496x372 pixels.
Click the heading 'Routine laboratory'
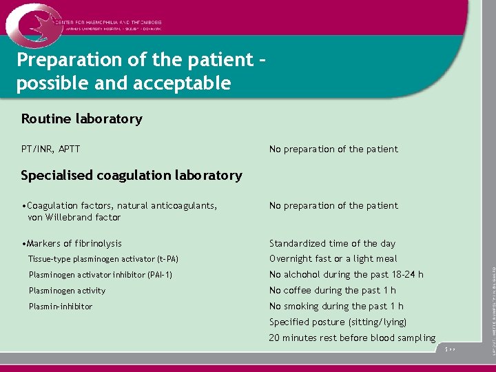coord(81,118)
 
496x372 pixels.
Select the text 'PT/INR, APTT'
coord(50,149)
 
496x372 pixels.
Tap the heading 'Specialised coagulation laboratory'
coord(131,175)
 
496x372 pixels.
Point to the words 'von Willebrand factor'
coord(74,217)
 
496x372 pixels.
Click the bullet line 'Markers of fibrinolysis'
coord(72,243)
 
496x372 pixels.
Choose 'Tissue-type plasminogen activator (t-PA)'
coord(103,259)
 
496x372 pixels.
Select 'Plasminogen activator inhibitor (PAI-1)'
coord(101,275)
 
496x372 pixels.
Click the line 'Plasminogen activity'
coord(67,291)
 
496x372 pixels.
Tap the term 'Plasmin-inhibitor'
coord(60,307)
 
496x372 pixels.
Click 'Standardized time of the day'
coord(332,243)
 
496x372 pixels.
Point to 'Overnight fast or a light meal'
coord(333,259)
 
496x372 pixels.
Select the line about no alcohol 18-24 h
coord(346,275)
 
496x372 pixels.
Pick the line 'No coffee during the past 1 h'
coord(332,291)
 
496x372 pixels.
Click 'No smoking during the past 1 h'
coord(336,307)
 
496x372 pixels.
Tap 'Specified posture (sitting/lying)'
coord(338,322)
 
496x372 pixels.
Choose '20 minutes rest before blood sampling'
coord(352,338)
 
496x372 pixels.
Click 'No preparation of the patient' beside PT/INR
coord(333,149)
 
